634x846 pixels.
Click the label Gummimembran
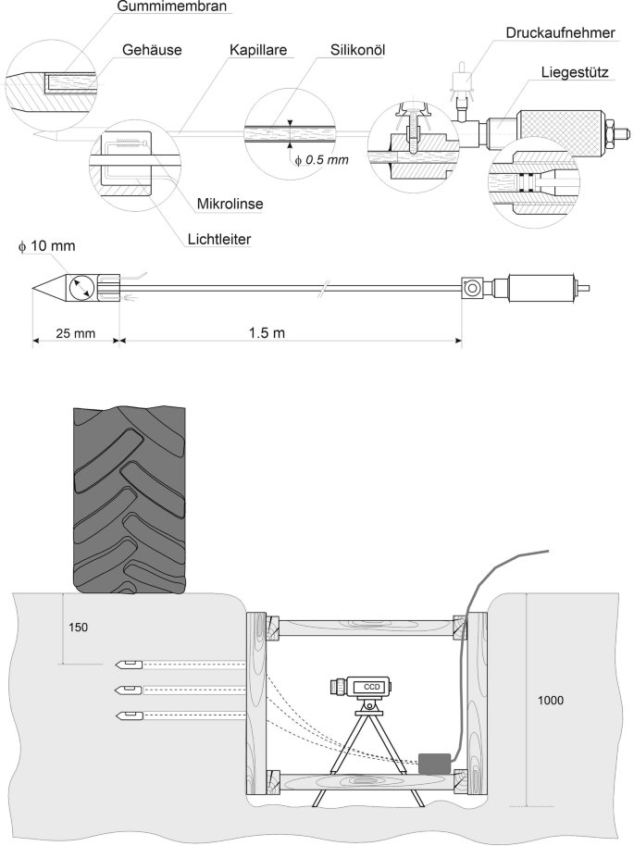click(x=171, y=7)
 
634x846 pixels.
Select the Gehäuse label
click(x=152, y=50)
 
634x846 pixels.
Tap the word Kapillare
click(x=258, y=50)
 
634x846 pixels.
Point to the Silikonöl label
click(x=358, y=50)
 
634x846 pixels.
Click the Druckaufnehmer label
click(x=560, y=33)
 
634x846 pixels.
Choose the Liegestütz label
click(x=575, y=72)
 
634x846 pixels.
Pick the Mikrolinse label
click(x=230, y=204)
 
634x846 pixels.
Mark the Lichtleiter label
click(x=219, y=239)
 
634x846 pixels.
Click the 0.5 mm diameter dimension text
click(x=321, y=160)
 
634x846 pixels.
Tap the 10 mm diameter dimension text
click(x=47, y=246)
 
